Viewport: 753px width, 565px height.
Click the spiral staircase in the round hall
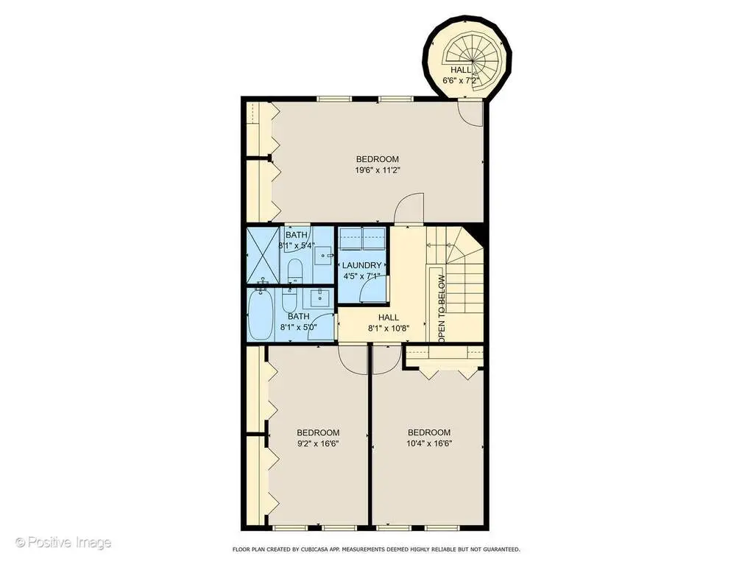tap(473, 60)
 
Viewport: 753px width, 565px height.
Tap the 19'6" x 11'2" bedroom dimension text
tap(378, 169)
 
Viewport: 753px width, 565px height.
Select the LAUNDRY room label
tap(361, 265)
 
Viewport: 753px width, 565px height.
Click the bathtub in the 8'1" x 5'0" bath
tap(261, 315)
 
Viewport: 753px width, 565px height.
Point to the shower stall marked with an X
tap(263, 255)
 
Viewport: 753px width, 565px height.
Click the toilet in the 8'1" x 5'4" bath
tap(294, 271)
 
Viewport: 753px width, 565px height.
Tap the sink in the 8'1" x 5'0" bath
tap(319, 298)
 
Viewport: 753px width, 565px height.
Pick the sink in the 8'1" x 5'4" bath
tap(325, 256)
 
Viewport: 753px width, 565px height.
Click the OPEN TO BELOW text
tap(442, 309)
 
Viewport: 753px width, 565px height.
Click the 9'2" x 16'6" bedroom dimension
tap(317, 443)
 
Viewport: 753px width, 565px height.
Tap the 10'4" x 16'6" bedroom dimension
tap(429, 443)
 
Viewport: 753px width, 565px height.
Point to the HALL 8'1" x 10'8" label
tap(389, 323)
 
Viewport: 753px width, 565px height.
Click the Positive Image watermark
tap(63, 543)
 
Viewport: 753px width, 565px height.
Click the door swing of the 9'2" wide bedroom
tap(353, 359)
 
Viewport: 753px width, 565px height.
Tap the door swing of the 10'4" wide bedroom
tap(386, 359)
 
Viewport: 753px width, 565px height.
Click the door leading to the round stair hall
tap(470, 113)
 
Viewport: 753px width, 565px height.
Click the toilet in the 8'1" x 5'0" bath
tap(289, 300)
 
